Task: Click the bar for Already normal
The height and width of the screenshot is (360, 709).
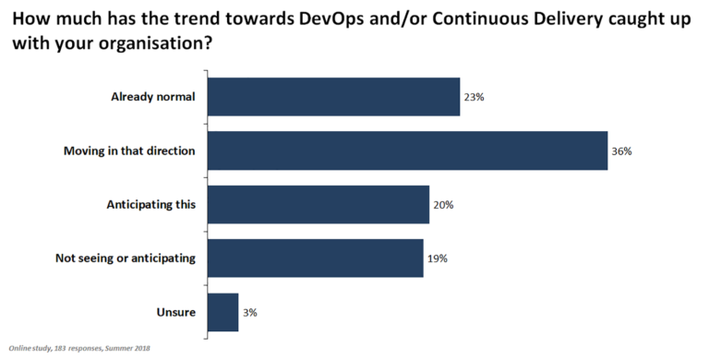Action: [x=333, y=97]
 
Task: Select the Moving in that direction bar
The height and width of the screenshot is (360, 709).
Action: [x=407, y=150]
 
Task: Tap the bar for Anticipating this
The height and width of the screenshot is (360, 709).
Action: [x=318, y=204]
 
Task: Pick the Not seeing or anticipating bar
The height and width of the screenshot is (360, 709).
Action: [x=315, y=258]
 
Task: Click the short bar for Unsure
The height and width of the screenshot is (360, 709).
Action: [x=222, y=312]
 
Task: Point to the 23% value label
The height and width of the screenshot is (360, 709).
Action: [x=475, y=97]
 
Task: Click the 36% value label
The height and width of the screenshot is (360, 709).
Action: [x=621, y=150]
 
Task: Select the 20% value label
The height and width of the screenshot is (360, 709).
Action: [x=444, y=204]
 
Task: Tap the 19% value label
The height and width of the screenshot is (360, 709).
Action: [x=438, y=258]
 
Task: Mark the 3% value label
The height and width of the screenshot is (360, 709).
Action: [x=250, y=312]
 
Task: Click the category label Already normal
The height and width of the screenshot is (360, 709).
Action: [x=153, y=97]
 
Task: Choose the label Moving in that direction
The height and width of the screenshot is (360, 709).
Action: [x=129, y=150]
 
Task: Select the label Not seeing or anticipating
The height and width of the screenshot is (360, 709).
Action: [x=125, y=258]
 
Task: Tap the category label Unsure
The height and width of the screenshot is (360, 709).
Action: [x=175, y=312]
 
